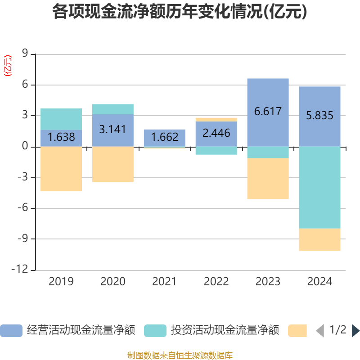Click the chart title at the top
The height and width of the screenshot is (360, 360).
tap(180, 12)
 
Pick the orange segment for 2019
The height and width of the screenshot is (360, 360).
tap(61, 169)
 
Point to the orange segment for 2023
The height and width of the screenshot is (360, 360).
tap(268, 179)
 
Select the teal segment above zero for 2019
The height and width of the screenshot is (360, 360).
tap(61, 119)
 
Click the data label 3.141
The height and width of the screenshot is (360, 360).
tap(112, 130)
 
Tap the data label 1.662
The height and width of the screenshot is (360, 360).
tap(164, 137)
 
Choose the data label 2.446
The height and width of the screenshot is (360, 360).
tap(216, 133)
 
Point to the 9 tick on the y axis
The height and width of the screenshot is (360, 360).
tap(25, 54)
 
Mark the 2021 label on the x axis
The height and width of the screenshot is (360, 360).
tap(164, 282)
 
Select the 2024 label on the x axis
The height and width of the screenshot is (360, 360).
tap(319, 282)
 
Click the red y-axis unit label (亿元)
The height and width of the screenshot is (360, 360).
tap(8, 66)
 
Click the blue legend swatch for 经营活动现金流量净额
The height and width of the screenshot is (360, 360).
tap(11, 331)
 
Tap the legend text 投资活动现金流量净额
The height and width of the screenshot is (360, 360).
tap(225, 331)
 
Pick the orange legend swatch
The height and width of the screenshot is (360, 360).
tap(297, 331)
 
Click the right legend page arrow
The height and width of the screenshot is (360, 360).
tap(355, 331)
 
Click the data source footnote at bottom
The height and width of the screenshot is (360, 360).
tap(180, 355)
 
